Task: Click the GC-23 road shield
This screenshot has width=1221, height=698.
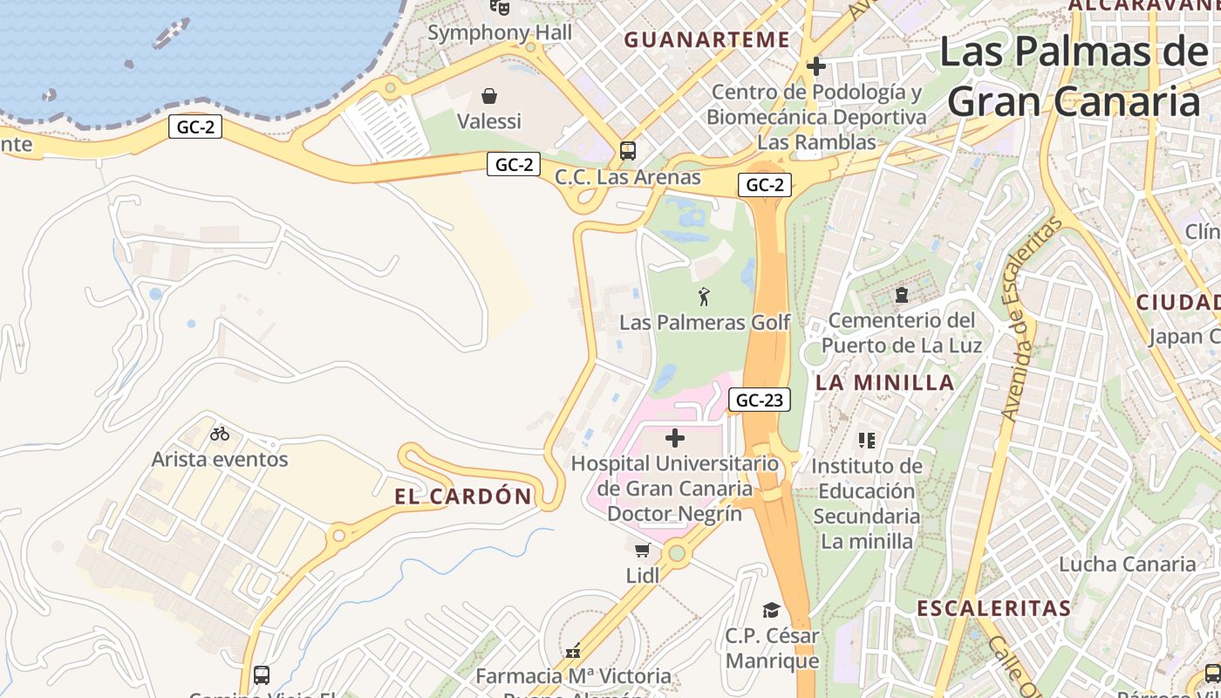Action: (760, 400)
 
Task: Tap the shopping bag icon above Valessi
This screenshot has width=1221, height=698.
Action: (489, 95)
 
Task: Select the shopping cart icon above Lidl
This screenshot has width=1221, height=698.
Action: (642, 550)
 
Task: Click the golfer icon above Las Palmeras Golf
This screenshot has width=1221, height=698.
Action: (704, 297)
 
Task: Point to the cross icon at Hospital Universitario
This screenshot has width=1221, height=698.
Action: (675, 438)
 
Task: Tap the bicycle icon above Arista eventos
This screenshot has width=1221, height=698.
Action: (220, 433)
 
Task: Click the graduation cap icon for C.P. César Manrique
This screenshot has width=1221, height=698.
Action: (771, 610)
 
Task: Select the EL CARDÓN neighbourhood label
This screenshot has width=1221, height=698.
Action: (463, 496)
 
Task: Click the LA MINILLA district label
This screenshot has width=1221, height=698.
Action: (885, 382)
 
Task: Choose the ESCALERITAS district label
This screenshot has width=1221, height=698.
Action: (993, 608)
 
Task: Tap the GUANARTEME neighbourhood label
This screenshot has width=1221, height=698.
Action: (707, 39)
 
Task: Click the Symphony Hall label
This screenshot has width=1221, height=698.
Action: (500, 33)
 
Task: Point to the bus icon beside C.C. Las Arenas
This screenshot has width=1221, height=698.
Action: (628, 150)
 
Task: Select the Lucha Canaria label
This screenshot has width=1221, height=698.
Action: (1128, 564)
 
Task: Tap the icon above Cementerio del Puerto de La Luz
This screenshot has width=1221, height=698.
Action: (902, 296)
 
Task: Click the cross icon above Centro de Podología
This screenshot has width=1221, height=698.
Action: (816, 66)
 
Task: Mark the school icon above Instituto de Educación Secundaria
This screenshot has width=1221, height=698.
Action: (866, 440)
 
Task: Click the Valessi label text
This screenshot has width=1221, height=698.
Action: (489, 121)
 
